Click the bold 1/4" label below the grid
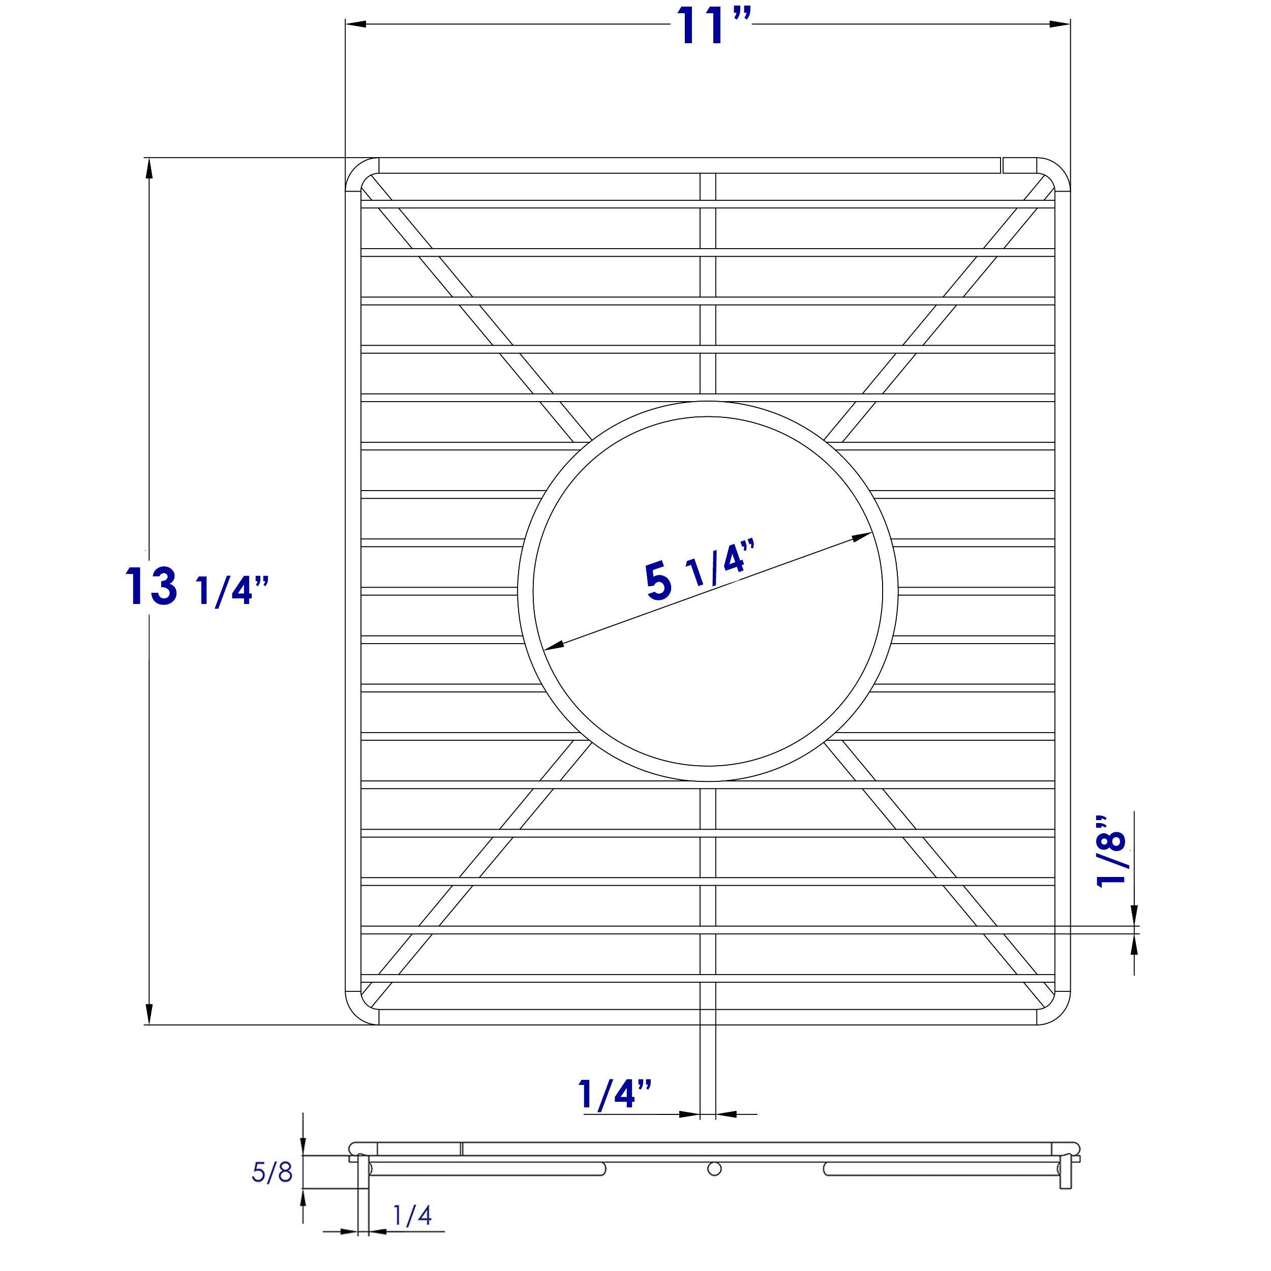coord(615,1095)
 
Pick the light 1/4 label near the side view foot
coord(412,1216)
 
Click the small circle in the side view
coord(714,1169)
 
